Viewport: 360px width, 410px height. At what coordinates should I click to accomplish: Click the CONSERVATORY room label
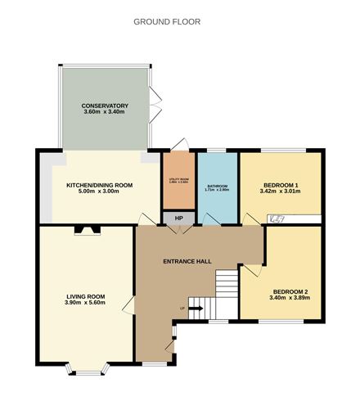point(106,106)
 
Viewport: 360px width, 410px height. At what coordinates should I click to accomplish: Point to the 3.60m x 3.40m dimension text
point(106,114)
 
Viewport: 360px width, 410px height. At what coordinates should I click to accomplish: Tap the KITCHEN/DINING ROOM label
point(99,186)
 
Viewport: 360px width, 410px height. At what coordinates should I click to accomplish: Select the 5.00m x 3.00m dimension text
point(99,193)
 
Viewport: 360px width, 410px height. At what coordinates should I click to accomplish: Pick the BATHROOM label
point(218,186)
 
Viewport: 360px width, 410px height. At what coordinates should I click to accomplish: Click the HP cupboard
point(179,218)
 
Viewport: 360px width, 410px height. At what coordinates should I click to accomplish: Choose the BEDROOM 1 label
point(280,184)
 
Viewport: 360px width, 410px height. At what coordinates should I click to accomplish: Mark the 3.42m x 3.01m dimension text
point(280,191)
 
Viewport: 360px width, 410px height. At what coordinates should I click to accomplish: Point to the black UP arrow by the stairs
point(196,309)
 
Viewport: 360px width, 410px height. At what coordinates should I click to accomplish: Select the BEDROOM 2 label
point(290,292)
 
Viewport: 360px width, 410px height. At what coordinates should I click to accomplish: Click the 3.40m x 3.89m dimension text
point(290,300)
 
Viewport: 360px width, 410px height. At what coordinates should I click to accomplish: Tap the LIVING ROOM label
point(86,296)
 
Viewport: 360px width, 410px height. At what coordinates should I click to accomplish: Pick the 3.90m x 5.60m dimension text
point(86,304)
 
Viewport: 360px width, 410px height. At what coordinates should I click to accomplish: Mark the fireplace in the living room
point(85,230)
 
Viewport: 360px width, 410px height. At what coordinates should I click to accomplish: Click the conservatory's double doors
point(153,104)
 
